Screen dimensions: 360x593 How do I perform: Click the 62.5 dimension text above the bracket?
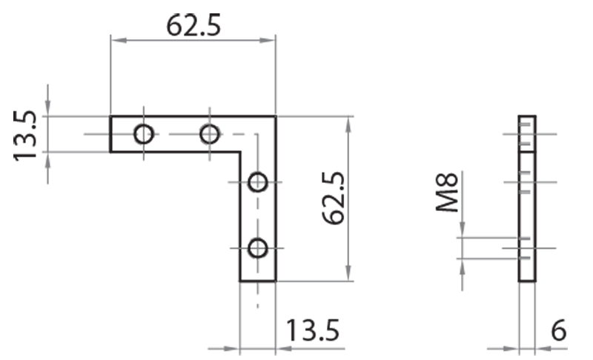click(193, 26)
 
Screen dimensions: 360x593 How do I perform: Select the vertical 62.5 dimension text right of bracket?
click(333, 198)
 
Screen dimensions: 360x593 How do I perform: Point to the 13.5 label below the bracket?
click(314, 331)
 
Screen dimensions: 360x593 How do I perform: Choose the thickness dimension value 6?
click(560, 331)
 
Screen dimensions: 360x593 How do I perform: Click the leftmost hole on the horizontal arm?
click(144, 134)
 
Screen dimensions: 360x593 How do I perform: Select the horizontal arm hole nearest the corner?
click(210, 134)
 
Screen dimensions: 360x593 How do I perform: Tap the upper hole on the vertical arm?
click(257, 181)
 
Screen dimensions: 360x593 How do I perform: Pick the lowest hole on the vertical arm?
click(257, 248)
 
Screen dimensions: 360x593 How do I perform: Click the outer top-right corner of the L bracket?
click(276, 116)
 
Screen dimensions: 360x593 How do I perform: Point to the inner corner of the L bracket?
click(240, 152)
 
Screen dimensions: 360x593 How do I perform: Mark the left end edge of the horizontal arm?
click(111, 134)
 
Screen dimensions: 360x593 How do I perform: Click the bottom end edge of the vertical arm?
click(258, 281)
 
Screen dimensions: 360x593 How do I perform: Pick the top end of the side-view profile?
click(526, 117)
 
